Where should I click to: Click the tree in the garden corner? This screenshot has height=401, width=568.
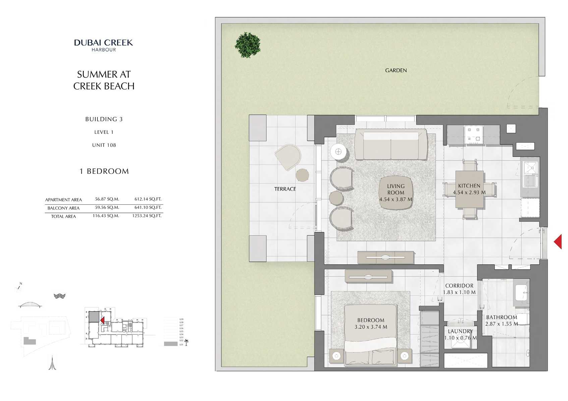[x=247, y=45]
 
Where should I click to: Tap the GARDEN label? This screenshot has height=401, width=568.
[x=396, y=70]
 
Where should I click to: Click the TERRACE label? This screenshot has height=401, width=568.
[x=285, y=189]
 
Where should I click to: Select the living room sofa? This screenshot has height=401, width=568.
[x=391, y=145]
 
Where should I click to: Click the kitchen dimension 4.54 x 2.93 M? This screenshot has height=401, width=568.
[x=469, y=193]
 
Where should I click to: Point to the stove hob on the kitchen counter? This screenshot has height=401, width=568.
[x=474, y=134]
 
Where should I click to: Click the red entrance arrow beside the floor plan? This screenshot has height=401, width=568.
[x=558, y=242]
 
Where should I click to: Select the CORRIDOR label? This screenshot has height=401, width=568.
[x=459, y=286]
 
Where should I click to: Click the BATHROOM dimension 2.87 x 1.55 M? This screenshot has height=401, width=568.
[x=501, y=324]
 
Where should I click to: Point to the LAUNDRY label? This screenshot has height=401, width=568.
[x=460, y=331]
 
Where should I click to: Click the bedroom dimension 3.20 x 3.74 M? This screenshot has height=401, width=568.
[x=371, y=327]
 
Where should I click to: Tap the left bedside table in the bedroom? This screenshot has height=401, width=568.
[x=336, y=356]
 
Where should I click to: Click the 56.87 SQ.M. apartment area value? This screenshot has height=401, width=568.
[x=107, y=199]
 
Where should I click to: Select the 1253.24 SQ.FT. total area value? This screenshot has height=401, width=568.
[x=147, y=216]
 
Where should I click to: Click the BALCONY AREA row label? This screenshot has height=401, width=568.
[x=63, y=208]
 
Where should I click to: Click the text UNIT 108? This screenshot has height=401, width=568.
[x=104, y=145]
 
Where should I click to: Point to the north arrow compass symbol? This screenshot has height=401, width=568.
[x=19, y=287]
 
